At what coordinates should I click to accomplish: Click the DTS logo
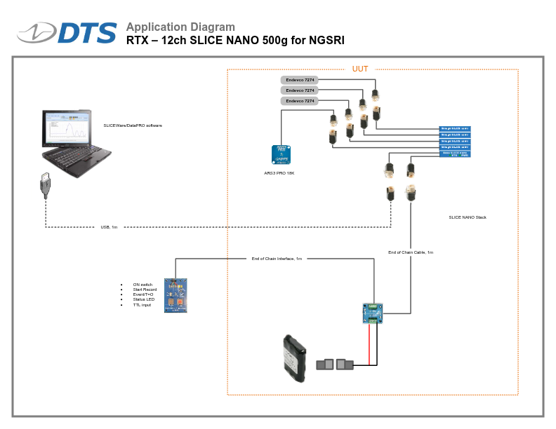[67, 33]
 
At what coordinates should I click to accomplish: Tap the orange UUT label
[360, 69]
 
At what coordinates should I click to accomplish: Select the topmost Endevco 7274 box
[299, 80]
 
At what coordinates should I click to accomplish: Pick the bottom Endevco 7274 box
[299, 101]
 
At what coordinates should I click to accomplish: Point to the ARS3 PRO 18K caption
[279, 172]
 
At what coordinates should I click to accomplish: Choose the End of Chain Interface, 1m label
[277, 259]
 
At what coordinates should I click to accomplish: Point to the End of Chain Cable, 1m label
[411, 252]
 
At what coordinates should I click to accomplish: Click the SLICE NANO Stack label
[468, 217]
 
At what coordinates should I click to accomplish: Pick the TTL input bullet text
[142, 305]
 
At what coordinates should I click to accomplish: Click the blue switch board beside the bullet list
[176, 295]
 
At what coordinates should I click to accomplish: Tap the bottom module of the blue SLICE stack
[454, 154]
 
